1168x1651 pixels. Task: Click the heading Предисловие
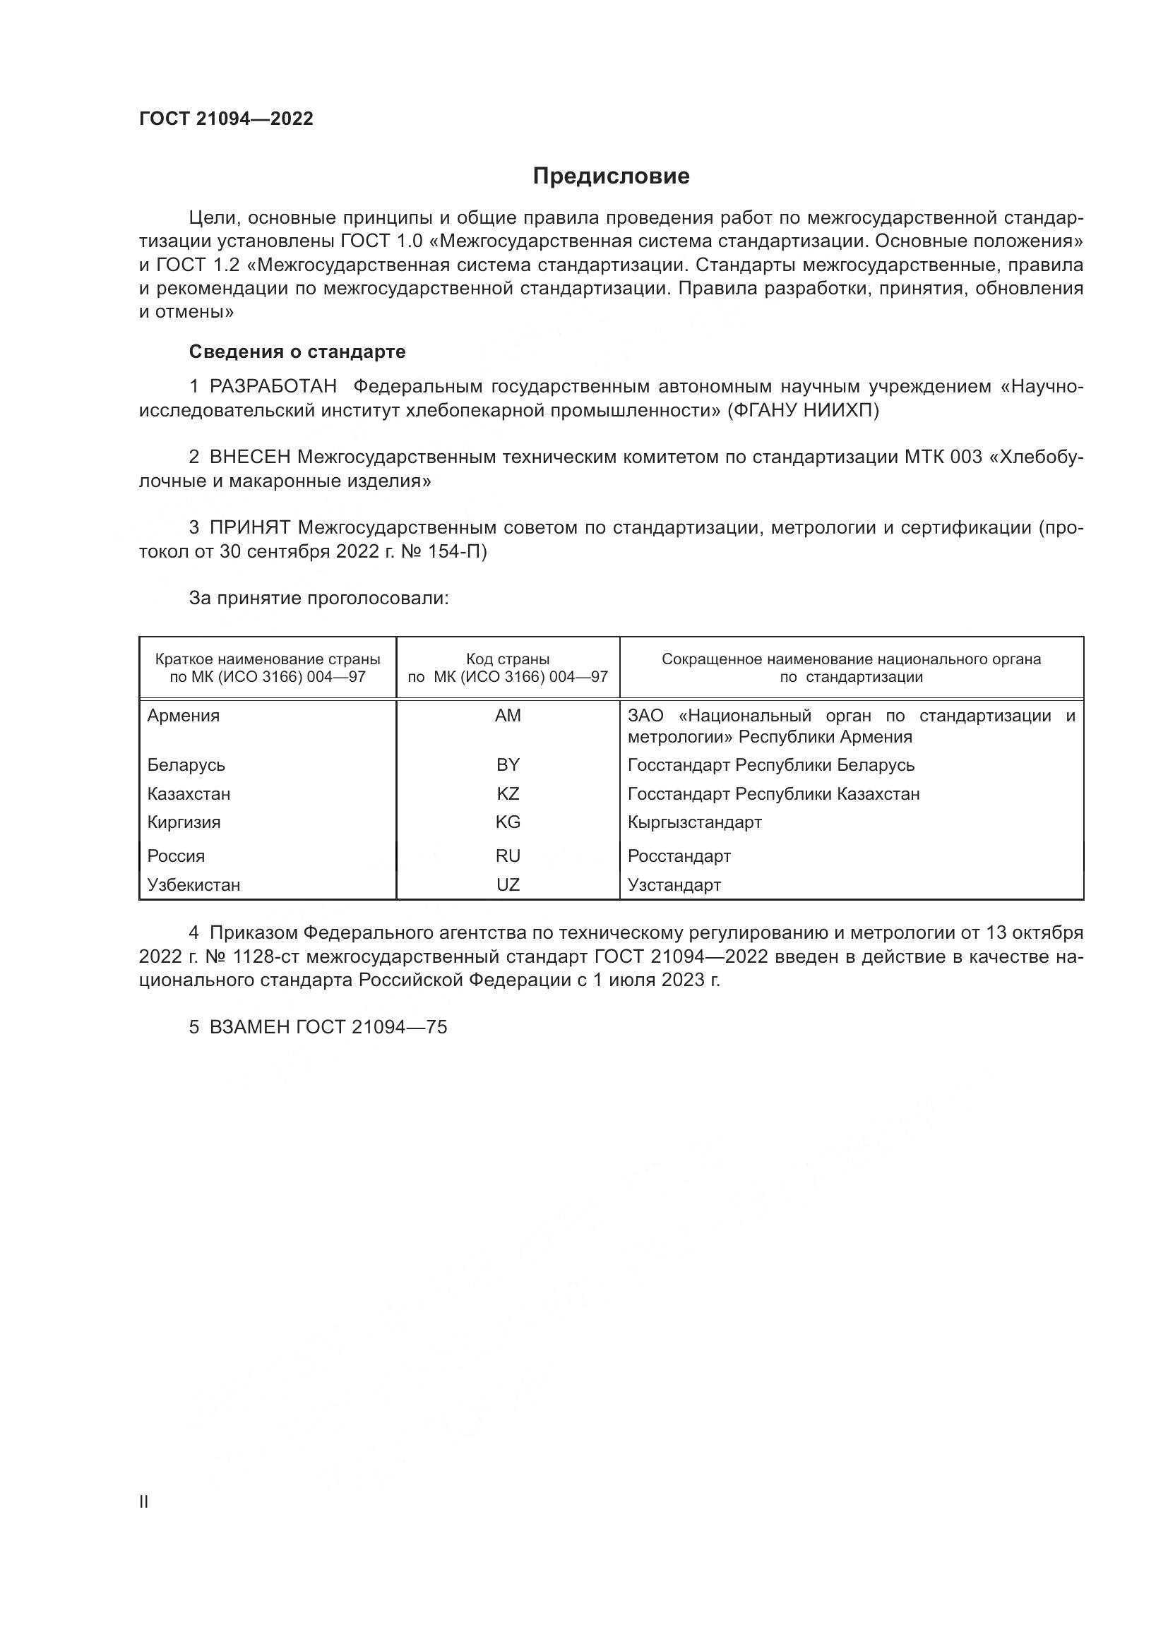pos(611,176)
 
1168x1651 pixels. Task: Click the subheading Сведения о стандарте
pos(297,352)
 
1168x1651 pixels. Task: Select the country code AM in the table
pos(508,716)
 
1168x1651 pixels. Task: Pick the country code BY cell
pos(508,764)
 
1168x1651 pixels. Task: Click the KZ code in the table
pos(508,794)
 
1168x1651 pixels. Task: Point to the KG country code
pos(508,822)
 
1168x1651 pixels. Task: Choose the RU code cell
pos(508,855)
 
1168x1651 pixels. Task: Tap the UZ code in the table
pos(508,884)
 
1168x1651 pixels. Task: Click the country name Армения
pos(184,716)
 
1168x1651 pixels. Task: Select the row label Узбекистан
pos(193,884)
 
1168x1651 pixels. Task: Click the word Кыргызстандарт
pos(694,822)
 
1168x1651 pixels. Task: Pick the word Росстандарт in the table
pos(679,855)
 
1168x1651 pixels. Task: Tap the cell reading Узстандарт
pos(674,884)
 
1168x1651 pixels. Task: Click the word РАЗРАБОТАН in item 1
pos(273,387)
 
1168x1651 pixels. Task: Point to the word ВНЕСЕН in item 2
pos(249,457)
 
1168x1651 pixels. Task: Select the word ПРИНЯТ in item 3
pos(249,528)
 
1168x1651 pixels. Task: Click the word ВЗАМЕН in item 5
pos(249,1027)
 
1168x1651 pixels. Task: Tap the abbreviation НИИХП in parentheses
pos(841,411)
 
